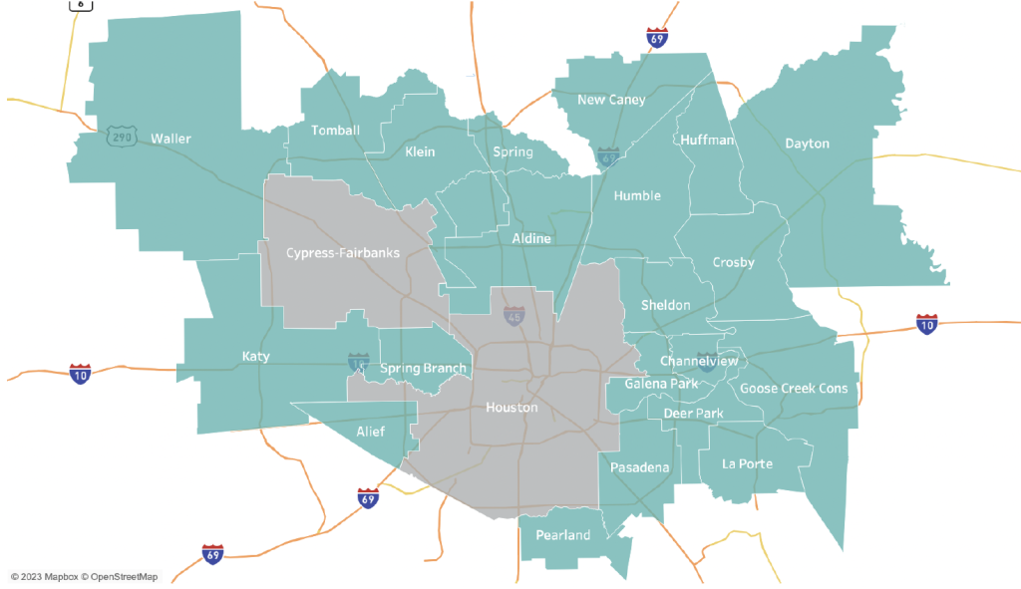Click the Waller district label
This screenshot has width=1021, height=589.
tap(170, 139)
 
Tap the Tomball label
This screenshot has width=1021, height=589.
tap(335, 131)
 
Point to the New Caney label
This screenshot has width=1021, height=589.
tap(611, 100)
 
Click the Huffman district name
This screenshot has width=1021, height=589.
tap(707, 141)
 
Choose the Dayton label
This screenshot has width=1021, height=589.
tap(807, 144)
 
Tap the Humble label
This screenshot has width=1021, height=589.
tap(637, 195)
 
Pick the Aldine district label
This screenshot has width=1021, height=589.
tap(531, 239)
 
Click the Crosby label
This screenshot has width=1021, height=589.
tap(733, 263)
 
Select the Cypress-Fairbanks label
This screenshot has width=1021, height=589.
tap(343, 253)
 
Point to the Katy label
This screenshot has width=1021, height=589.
tap(255, 356)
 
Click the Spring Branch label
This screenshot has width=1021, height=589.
tap(423, 369)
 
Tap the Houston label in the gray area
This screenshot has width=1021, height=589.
tap(511, 408)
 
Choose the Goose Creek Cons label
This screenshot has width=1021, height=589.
tap(794, 389)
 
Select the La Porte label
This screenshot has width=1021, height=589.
tap(748, 463)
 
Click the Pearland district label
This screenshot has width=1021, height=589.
tap(563, 535)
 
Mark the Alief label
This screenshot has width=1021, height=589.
tap(370, 432)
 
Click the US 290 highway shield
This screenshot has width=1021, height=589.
tap(121, 137)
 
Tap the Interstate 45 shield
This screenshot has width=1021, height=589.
tap(513, 316)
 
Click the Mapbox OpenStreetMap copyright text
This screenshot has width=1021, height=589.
tap(84, 576)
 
